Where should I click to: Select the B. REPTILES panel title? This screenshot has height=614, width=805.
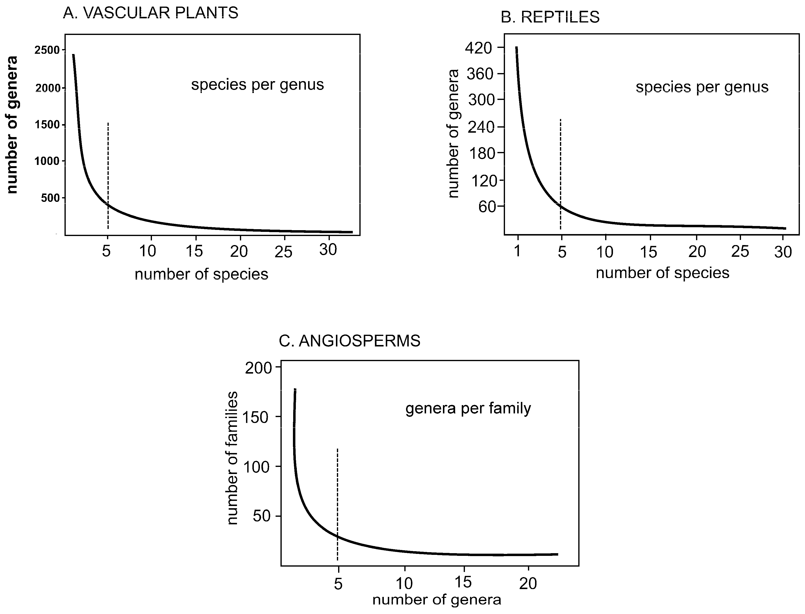(x=550, y=17)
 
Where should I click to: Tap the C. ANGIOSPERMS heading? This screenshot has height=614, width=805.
(x=349, y=341)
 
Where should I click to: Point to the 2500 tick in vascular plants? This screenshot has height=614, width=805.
(x=47, y=50)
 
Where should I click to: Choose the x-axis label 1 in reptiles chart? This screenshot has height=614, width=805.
(x=517, y=251)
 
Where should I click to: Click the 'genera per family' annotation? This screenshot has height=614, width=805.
(x=468, y=409)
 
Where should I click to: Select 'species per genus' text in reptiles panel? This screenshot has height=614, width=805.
(x=702, y=87)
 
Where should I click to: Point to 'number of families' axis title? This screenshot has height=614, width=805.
(x=232, y=458)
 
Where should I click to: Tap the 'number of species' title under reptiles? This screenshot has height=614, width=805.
(x=663, y=273)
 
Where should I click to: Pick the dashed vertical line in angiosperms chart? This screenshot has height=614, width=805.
(x=337, y=504)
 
